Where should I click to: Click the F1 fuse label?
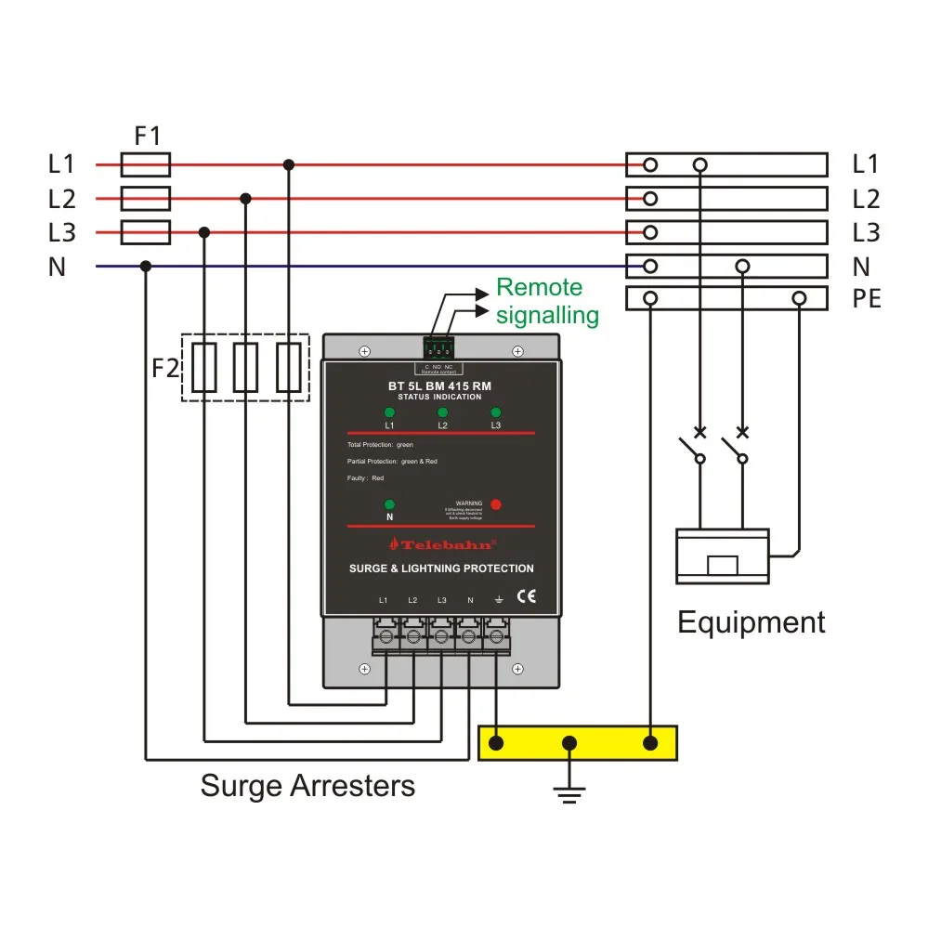pos(147,137)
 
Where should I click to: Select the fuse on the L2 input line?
pos(146,199)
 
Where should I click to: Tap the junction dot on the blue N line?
pos(146,267)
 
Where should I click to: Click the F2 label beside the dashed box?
pos(164,368)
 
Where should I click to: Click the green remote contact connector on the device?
pos(438,348)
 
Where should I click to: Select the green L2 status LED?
pos(442,412)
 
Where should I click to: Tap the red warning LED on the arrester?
pos(495,504)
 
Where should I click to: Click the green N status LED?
pos(389,504)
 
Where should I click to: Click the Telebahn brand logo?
pos(441,544)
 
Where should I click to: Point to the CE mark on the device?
pos(526,597)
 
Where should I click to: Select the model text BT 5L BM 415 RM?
pos(440,385)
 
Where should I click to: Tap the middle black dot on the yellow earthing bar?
pos(570,743)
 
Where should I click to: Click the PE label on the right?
pos(866,299)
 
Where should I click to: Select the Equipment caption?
pos(751,622)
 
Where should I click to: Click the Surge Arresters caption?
pos(307,787)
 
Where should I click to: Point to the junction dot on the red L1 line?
pos(289,165)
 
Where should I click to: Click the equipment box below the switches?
pos(722,556)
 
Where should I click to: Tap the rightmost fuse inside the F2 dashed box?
pos(290,368)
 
